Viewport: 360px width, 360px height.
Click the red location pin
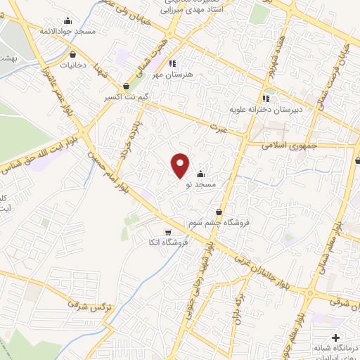pos(181,165)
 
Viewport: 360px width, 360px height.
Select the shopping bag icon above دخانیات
pos(73,53)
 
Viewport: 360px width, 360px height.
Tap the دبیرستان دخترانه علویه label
pos(258,110)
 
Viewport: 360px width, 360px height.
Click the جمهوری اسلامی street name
pos(290,146)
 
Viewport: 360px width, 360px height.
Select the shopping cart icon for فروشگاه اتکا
pos(167,232)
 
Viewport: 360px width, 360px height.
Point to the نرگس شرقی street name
pos(91,302)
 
